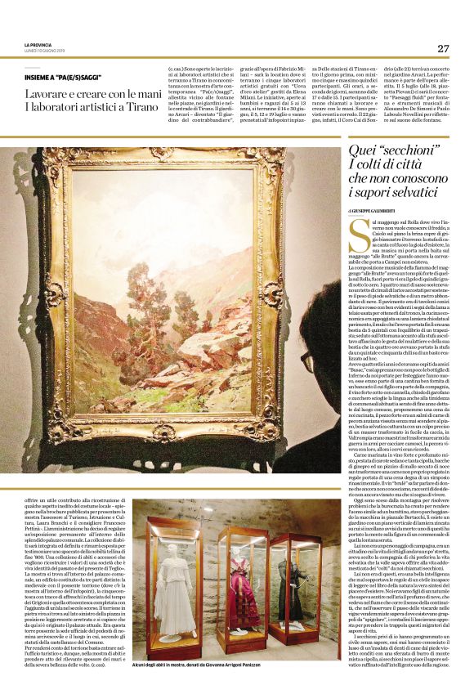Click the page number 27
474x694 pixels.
point(442,48)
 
